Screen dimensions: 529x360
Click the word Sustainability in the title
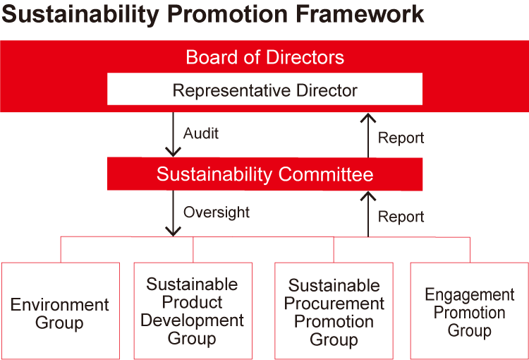[80, 16]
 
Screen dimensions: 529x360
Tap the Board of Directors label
[264, 57]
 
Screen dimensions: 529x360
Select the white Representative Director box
[264, 89]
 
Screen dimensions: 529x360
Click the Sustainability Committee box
[264, 174]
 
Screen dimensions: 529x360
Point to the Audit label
[201, 133]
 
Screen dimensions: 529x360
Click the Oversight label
[217, 212]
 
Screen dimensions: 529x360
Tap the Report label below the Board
[401, 138]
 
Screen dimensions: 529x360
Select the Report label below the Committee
[401, 217]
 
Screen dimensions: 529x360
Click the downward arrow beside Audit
[173, 134]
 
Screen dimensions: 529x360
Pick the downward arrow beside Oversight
[173, 213]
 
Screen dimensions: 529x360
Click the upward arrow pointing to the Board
[368, 136]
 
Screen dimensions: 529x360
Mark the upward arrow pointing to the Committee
[368, 214]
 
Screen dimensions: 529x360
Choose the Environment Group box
[61, 311]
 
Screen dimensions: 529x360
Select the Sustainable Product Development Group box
[193, 311]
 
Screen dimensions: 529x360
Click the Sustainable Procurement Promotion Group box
[334, 311]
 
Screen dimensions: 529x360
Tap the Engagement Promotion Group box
[470, 311]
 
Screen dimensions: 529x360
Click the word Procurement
[334, 304]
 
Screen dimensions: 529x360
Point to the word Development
[192, 320]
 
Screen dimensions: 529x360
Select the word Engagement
[470, 295]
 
